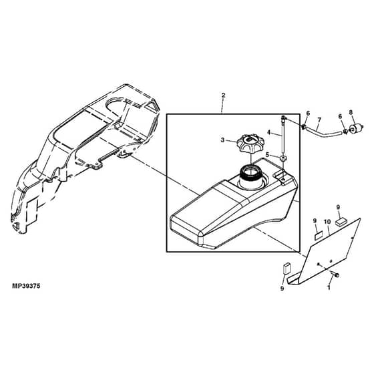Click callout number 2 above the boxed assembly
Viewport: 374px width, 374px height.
pos(223,95)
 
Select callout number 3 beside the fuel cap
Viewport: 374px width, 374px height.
pos(222,140)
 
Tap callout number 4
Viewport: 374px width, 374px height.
pos(268,132)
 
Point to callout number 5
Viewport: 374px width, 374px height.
pos(267,154)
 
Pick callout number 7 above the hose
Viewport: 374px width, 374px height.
pos(319,120)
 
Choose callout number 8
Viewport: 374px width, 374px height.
pos(351,112)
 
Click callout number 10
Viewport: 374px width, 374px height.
pos(327,222)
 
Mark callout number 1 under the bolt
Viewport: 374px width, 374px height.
pos(329,288)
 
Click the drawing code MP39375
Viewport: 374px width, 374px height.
pos(26,286)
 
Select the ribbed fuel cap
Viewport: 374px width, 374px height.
pos(247,144)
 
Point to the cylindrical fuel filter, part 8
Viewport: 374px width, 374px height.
pos(357,128)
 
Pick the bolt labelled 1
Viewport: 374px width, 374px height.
pos(335,274)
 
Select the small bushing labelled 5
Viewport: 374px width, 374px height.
pos(283,158)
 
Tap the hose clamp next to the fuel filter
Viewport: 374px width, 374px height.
pos(345,131)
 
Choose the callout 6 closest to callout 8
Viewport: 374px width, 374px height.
pos(340,116)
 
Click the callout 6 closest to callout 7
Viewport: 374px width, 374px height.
pos(308,113)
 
